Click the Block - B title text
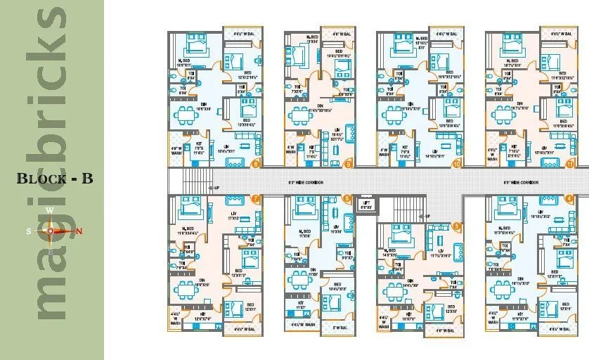coord(55,178)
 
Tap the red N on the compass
coord(79,231)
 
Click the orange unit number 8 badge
coord(255,164)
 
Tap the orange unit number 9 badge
coord(349,164)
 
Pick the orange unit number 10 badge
coord(457,164)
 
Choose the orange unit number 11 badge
coord(569,164)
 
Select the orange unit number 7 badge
coord(255,199)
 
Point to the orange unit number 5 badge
coord(457,226)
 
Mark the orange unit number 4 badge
coord(569,199)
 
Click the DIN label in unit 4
coord(521,278)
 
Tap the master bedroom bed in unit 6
coord(304,209)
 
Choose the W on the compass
coord(50,210)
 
